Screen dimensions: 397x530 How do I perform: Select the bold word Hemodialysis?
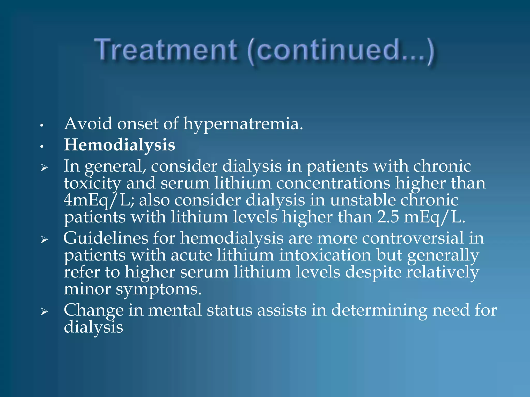[120, 145]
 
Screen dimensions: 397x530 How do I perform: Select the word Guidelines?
[106, 238]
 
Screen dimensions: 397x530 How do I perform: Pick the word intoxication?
[325, 255]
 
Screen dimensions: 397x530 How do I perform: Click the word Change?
[93, 310]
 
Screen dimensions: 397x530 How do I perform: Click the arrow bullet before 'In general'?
[44, 168]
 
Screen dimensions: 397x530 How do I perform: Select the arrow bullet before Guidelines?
[44, 240]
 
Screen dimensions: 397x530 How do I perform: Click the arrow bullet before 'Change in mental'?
[44, 312]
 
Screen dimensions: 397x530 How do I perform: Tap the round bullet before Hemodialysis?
[41, 147]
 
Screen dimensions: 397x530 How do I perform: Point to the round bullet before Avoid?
[41, 126]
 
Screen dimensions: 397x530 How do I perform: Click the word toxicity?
[92, 184]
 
